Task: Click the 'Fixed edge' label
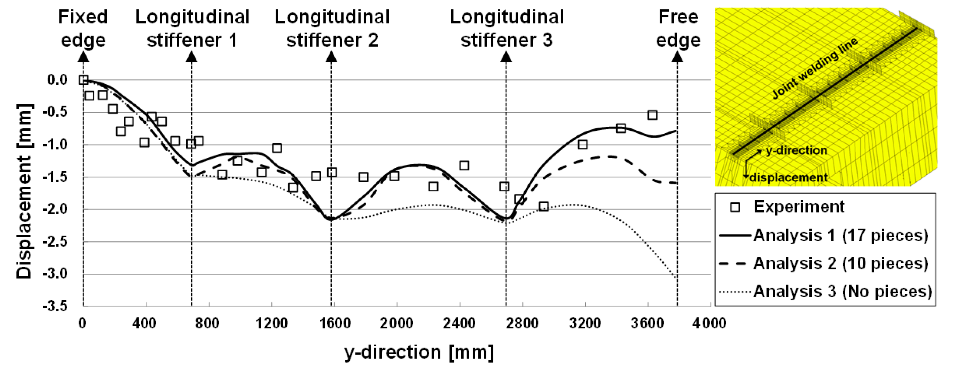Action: (83, 28)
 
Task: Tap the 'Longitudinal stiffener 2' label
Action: (332, 28)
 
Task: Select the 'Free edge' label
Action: (678, 28)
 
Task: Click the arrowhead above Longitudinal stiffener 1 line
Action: (191, 57)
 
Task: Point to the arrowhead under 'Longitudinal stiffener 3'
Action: (506, 57)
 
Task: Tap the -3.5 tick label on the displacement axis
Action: (55, 306)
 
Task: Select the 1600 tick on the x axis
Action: (334, 323)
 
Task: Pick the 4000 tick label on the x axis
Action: (709, 323)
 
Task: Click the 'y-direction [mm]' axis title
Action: (419, 352)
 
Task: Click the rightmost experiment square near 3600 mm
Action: (652, 115)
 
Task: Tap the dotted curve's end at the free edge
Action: (675, 277)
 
